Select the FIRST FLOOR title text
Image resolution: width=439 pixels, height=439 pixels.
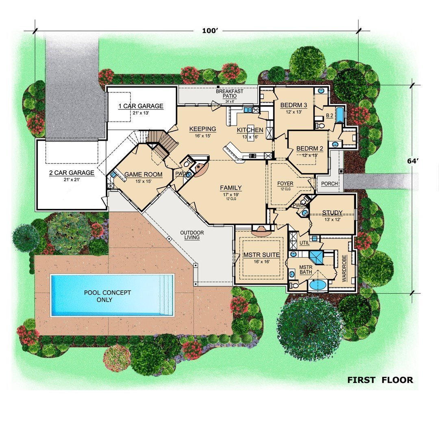coord(380,380)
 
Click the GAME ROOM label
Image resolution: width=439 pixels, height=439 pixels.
coord(143,175)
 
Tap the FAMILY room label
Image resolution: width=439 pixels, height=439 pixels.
coord(231,188)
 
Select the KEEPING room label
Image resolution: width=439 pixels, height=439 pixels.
coord(202,129)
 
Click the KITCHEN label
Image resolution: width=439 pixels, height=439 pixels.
coord(250,130)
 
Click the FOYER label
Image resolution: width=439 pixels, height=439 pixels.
coord(285,184)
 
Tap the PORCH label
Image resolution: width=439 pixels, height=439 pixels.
coord(329,184)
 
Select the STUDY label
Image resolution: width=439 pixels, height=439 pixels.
coord(333,213)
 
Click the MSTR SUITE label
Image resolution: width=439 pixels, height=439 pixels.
coord(261,255)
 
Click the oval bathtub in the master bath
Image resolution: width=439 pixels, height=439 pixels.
coord(318,285)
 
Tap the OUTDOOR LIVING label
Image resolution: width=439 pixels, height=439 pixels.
coord(192,235)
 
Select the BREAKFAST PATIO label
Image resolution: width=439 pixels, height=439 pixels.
coord(230,93)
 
